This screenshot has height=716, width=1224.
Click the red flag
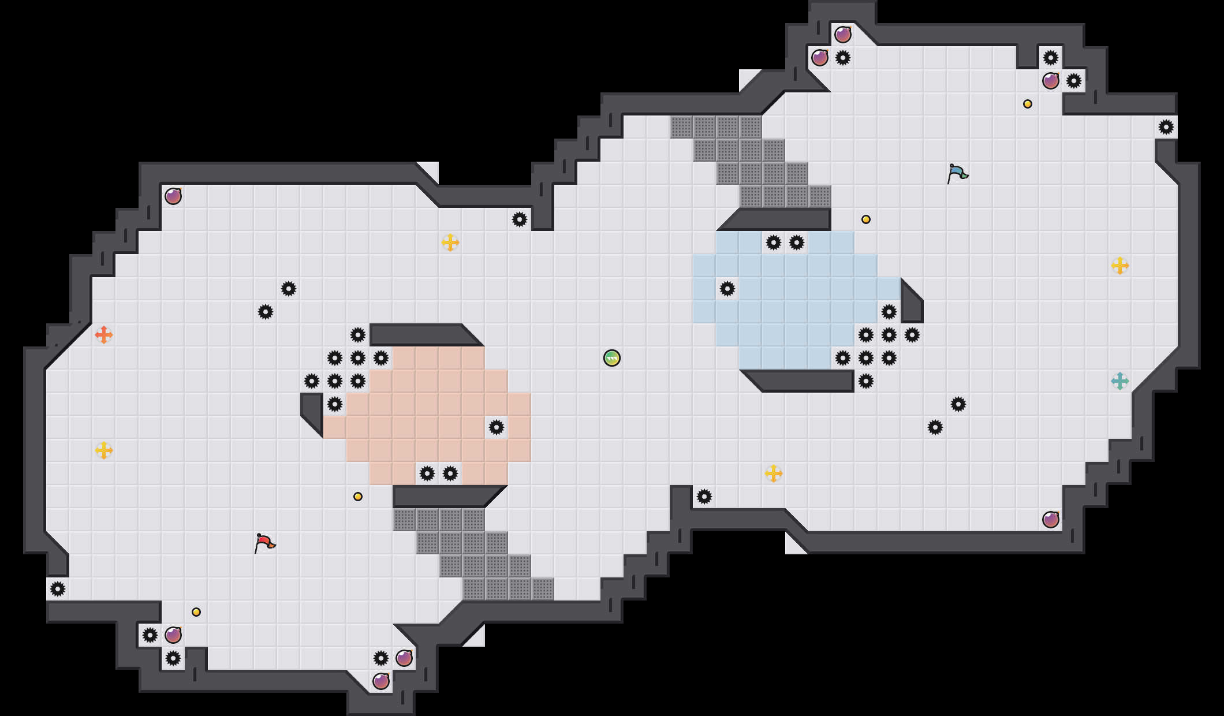point(264,543)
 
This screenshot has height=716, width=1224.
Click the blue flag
point(957,173)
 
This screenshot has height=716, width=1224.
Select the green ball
point(612,358)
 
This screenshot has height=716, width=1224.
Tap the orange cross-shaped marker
point(104,335)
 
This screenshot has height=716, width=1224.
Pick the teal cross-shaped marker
point(1120,381)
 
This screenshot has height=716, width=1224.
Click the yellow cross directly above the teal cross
point(1120,266)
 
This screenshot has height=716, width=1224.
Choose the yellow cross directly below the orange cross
point(104,450)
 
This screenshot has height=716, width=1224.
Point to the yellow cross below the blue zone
point(774,473)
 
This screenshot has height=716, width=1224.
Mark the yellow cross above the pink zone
point(450,243)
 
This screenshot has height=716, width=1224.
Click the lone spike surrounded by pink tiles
point(497,427)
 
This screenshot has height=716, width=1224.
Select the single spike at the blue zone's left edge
point(727,289)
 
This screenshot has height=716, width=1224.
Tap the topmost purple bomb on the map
point(843,35)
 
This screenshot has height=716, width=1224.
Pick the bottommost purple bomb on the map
point(381,681)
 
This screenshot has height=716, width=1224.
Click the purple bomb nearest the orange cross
point(173,196)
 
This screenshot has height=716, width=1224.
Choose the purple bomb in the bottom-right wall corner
point(1051,520)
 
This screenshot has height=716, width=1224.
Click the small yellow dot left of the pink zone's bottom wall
point(358,497)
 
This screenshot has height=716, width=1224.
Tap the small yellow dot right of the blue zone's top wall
point(866,219)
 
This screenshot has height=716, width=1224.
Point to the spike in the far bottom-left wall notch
point(58,589)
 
